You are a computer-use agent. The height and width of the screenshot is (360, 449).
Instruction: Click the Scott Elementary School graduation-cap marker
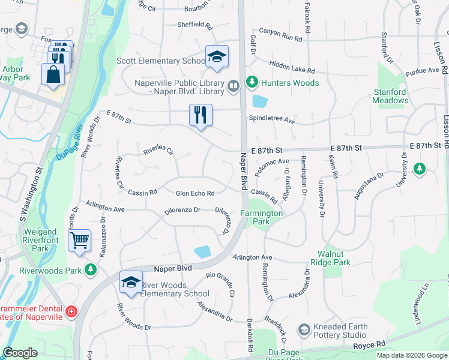(x=217, y=57)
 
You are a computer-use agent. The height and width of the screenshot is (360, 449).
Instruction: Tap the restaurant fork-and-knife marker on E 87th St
(x=200, y=115)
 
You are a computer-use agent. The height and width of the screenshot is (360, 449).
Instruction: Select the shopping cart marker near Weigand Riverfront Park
(x=79, y=241)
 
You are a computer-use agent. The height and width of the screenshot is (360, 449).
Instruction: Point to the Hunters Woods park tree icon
(x=252, y=82)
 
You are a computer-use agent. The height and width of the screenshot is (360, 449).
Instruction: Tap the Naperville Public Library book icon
(x=234, y=88)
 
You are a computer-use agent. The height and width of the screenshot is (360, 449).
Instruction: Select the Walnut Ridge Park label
(x=330, y=258)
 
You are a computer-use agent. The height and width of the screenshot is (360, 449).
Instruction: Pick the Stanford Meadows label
(x=390, y=96)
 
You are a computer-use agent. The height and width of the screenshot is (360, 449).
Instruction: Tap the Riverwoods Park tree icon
(x=91, y=270)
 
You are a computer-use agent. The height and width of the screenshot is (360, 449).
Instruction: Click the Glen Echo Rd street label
(x=194, y=193)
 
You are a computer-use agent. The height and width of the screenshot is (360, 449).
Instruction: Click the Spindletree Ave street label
(x=272, y=121)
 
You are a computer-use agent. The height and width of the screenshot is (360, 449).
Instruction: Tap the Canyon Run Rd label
(x=280, y=37)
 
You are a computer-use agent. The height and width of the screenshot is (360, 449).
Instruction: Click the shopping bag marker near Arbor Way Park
(x=53, y=74)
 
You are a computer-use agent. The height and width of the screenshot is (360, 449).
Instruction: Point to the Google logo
(x=20, y=353)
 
